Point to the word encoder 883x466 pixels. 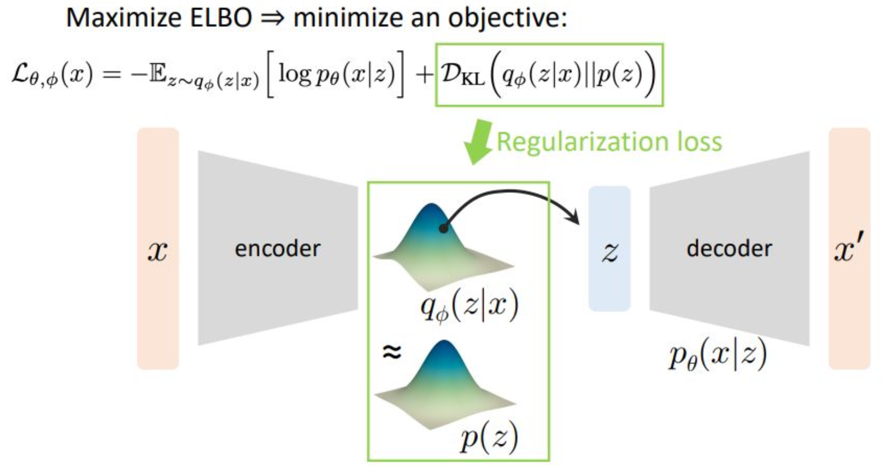[277, 248]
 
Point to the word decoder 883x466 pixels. [729, 248]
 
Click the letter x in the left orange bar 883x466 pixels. [157, 250]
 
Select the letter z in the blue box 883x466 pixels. [609, 251]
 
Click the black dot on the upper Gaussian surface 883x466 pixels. [443, 229]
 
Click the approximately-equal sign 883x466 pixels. [391, 352]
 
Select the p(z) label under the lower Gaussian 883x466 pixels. [489, 437]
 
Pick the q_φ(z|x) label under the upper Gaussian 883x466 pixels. [469, 307]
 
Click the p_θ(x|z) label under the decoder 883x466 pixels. [717, 356]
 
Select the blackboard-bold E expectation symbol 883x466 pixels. [158, 75]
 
